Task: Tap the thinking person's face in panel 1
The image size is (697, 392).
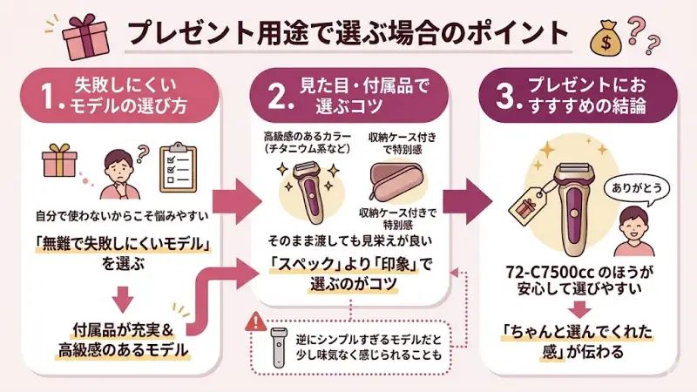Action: pos(118,165)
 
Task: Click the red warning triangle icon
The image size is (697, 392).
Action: pos(255,321)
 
